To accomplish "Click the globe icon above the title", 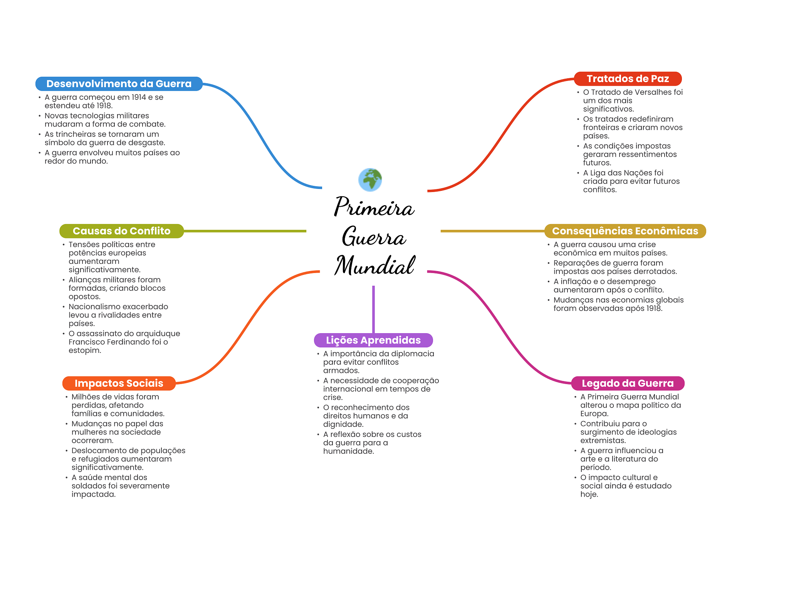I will click(370, 180).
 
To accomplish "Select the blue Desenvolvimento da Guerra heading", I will click(119, 84).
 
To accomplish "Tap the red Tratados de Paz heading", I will click(628, 79).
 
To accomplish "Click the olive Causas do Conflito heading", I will click(121, 231).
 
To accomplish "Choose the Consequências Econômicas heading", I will click(625, 231).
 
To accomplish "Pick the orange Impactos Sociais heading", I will click(119, 383).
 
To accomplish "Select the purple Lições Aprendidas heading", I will click(373, 340).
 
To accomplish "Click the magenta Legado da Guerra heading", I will click(628, 383).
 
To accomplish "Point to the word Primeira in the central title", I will click(374, 207).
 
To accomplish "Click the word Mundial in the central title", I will click(374, 266).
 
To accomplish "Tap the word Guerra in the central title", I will click(374, 236).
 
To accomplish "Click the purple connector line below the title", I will click(373, 308).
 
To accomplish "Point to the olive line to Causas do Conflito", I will click(245, 231).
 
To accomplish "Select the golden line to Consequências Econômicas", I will click(492, 231).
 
